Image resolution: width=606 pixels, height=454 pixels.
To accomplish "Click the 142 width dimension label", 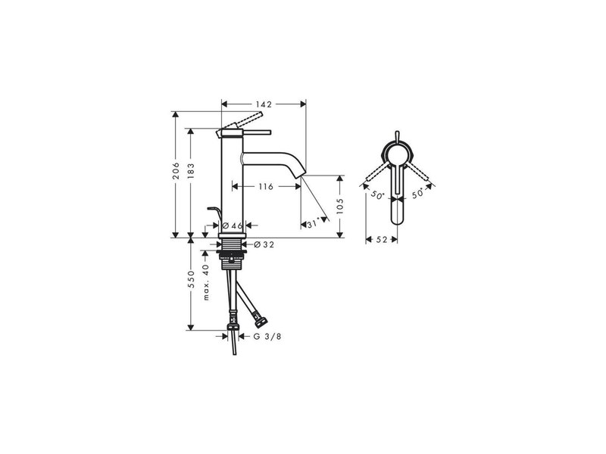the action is (x=264, y=104).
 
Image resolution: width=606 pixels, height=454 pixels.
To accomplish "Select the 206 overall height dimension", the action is (x=176, y=170).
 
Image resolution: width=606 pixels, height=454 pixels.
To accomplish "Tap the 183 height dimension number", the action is (x=191, y=172).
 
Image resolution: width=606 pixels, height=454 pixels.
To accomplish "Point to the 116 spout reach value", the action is (x=266, y=187).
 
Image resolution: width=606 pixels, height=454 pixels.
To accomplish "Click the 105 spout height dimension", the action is (x=339, y=207).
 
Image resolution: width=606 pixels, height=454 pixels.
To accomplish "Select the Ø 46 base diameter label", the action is (x=233, y=225).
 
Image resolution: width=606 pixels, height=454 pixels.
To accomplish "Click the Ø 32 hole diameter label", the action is (x=264, y=244).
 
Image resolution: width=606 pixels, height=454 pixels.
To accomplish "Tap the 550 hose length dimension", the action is (x=191, y=279).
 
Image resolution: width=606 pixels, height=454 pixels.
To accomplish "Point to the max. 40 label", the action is (x=205, y=281).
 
